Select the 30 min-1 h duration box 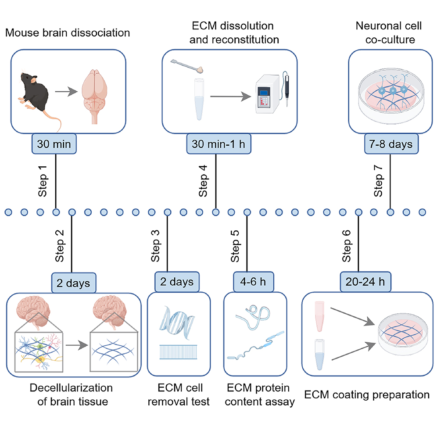pyautogui.click(x=215, y=143)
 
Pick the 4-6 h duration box pyautogui.click(x=247, y=282)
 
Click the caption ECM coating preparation pyautogui.click(x=367, y=394)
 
